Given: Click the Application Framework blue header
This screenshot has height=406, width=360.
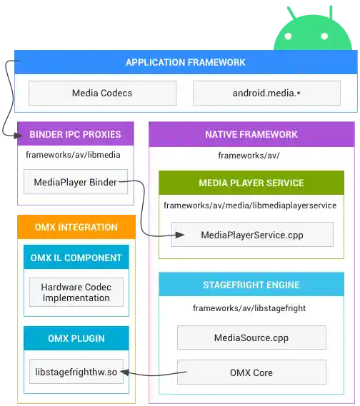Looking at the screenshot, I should [x=185, y=62].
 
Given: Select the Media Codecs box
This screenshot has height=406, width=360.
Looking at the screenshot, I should [x=102, y=93].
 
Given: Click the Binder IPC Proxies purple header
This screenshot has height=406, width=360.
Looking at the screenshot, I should [x=75, y=134].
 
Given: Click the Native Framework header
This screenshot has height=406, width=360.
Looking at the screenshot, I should [x=251, y=134].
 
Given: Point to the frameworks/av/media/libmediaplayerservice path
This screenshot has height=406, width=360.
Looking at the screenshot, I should [x=250, y=205].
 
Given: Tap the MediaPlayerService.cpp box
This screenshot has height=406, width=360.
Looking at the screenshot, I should [x=252, y=234].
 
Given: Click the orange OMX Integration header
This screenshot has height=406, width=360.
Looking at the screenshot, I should [x=76, y=228].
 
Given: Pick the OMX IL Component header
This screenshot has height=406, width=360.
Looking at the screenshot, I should [x=76, y=258].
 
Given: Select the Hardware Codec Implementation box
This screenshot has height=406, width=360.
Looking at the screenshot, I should [x=76, y=293].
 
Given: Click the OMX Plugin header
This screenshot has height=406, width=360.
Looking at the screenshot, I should [x=76, y=338].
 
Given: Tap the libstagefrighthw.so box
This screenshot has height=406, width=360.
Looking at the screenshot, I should [x=76, y=372].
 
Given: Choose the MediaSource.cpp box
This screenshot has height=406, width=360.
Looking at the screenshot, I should [x=251, y=338].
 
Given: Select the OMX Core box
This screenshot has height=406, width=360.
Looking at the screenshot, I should [x=251, y=372].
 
